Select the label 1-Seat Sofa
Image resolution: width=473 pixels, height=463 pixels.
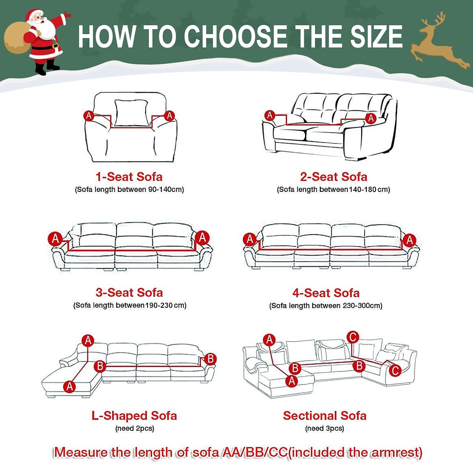pos(129,177)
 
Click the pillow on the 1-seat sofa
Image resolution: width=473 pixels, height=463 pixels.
pos(131,113)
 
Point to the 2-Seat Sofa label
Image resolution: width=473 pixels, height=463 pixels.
pos(334,177)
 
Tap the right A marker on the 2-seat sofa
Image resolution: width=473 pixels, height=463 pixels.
pos(371,118)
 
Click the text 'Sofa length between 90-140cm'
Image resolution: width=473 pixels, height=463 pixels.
pos(129,190)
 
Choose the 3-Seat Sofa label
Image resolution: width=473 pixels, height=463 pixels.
pos(129,292)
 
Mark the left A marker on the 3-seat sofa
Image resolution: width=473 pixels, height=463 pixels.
pos(55,238)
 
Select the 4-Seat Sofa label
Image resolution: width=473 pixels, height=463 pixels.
pos(326,293)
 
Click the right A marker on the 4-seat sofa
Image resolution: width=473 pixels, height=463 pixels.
pos(410,240)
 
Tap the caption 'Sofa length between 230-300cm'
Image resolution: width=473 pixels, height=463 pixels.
pos(326,306)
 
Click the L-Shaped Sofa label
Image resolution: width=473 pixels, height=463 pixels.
pos(134,416)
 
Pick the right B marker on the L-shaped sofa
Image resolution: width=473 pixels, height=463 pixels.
pos(210,359)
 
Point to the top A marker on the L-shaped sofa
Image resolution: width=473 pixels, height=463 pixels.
pos(88,341)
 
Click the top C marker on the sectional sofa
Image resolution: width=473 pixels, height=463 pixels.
pos(353,337)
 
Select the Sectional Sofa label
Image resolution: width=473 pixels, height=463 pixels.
pos(325,416)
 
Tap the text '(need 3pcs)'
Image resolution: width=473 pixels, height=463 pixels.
pos(324,428)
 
